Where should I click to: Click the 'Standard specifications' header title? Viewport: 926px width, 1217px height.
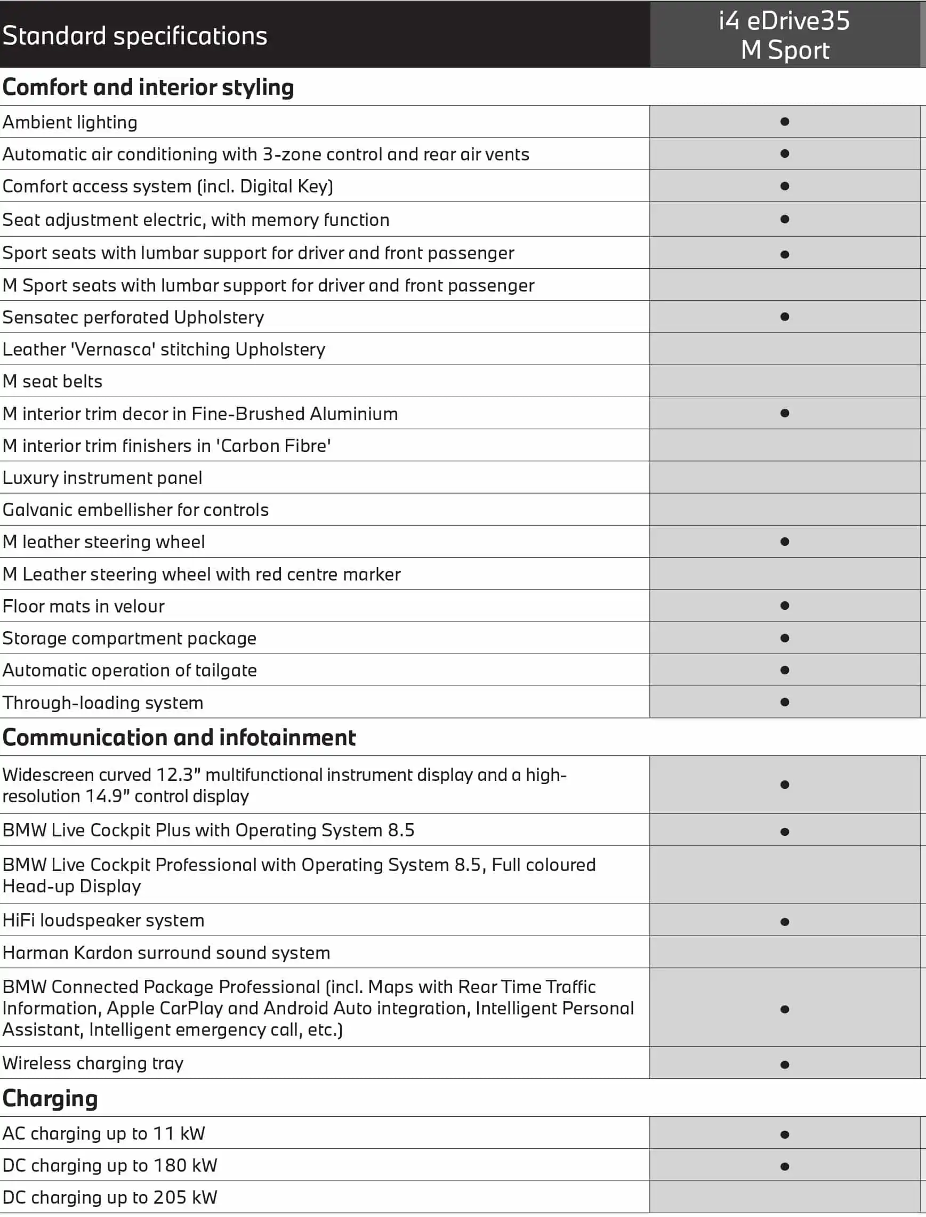click(135, 36)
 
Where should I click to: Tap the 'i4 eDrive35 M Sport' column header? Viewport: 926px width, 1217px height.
click(784, 35)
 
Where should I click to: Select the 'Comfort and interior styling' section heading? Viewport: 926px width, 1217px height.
click(148, 87)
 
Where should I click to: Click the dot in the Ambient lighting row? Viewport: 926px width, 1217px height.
click(785, 121)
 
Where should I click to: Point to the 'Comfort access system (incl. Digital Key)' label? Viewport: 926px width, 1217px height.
click(167, 186)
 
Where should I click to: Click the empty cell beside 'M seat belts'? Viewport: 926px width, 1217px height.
click(785, 381)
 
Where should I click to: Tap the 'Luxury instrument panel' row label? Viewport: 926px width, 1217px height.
click(102, 477)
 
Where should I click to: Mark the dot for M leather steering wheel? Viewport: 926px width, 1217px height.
click(785, 541)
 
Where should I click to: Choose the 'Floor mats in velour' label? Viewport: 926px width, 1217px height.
click(84, 606)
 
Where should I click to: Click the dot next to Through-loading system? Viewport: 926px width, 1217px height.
click(785, 702)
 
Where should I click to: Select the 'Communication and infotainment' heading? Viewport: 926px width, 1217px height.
click(179, 737)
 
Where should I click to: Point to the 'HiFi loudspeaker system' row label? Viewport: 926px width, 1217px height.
click(103, 920)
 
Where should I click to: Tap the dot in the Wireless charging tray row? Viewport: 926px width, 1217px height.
click(785, 1065)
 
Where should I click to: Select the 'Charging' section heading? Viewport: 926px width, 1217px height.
click(50, 1099)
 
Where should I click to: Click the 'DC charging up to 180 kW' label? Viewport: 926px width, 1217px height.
click(110, 1165)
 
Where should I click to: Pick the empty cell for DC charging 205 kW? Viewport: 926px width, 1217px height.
click(785, 1197)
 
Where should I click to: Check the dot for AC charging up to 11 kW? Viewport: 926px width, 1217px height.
click(785, 1134)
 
